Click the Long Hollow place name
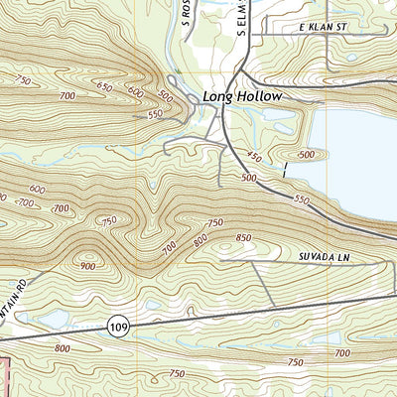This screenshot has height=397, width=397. (242, 96)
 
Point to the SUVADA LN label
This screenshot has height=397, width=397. (325, 257)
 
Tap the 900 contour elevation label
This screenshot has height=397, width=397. (88, 265)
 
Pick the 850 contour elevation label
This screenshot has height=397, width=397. (243, 237)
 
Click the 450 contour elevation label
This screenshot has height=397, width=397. (255, 157)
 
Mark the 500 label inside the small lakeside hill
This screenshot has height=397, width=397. (306, 155)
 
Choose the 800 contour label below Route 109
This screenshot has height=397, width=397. (63, 348)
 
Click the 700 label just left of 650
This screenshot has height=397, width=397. (67, 95)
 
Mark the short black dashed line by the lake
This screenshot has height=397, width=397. (285, 170)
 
